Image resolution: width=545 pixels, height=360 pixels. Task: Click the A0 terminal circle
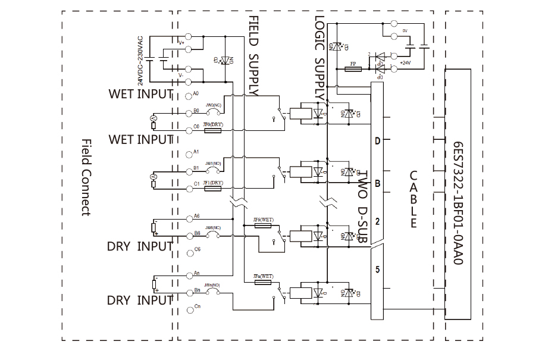tap(189, 95)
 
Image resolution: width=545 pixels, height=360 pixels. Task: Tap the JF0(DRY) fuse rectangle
tap(212, 129)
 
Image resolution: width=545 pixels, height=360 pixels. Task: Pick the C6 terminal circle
tap(190, 252)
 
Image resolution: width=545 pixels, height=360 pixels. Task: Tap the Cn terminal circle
tap(190, 308)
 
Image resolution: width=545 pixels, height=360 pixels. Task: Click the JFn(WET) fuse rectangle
tap(262, 282)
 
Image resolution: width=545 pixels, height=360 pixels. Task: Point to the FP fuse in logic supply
tap(353, 70)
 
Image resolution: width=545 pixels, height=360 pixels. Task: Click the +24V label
tap(405, 62)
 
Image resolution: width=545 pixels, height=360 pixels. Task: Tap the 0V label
tap(405, 30)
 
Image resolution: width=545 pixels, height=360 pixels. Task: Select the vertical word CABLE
tap(414, 199)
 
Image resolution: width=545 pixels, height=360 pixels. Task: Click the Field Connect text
tap(86, 178)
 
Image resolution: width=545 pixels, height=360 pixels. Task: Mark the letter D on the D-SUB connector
tap(377, 142)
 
